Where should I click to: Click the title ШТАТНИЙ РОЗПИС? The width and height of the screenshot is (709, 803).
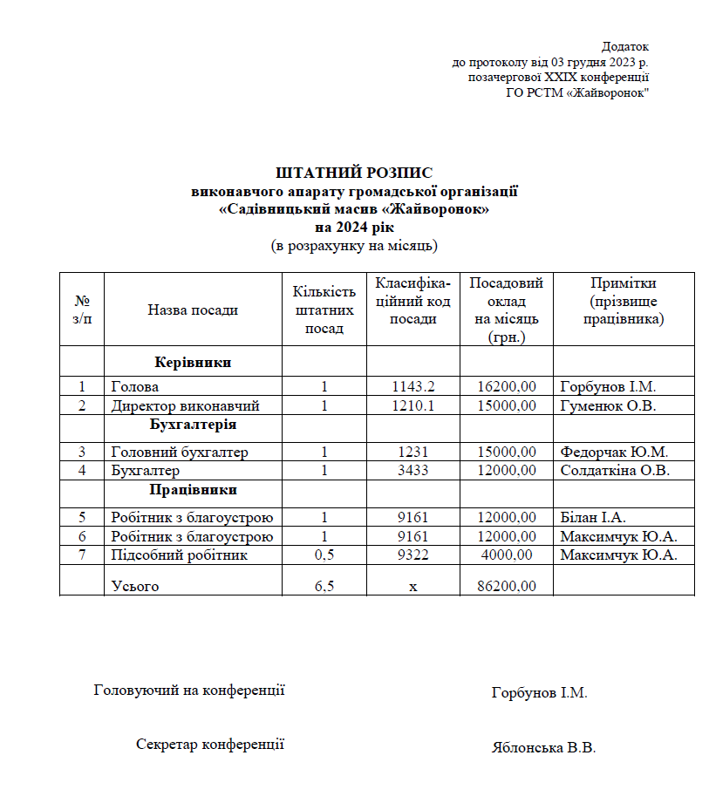pos(354,173)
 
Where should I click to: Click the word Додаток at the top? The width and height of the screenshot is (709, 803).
pos(624,46)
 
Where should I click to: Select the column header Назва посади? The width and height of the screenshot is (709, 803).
pos(193,310)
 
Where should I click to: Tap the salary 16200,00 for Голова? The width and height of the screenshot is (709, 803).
pos(507,386)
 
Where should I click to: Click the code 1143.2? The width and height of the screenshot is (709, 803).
pos(413,386)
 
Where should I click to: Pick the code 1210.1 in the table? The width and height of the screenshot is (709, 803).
pos(413,405)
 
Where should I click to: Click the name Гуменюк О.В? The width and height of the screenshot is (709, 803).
pos(607,405)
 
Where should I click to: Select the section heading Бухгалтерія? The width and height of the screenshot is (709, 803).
pos(193,425)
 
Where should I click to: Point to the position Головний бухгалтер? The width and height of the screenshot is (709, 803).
pos(180,452)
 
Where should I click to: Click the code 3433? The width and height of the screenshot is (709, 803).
pos(413,471)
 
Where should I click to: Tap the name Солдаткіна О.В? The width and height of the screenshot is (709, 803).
pos(614,471)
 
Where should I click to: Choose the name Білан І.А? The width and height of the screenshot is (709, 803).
pos(593,517)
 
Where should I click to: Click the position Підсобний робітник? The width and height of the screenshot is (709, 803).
pos(179,555)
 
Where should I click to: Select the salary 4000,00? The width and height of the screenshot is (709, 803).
pos(508,555)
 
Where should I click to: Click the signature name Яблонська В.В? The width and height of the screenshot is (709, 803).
pos(543,748)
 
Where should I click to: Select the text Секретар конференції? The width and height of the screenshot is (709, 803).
pos(210,745)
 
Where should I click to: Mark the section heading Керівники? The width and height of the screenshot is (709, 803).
pos(193,361)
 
